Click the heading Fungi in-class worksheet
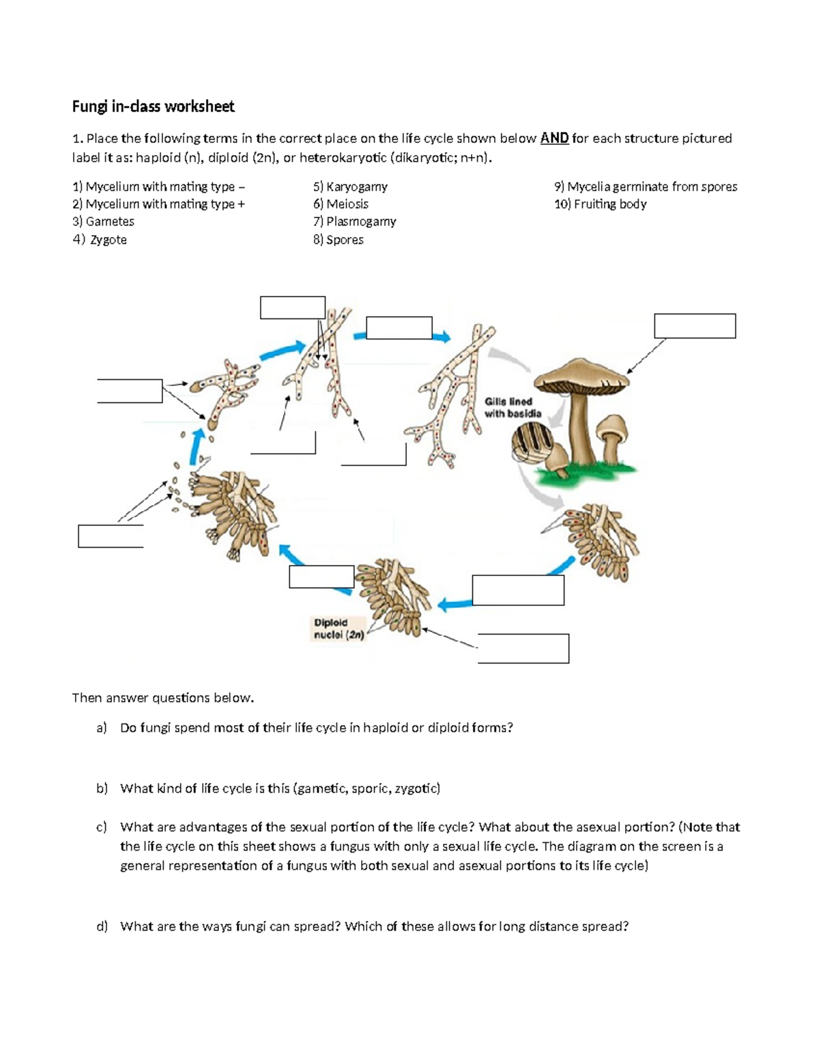(x=153, y=107)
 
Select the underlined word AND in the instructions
(x=554, y=139)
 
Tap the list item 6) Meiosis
(x=341, y=204)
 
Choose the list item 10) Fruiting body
(x=600, y=204)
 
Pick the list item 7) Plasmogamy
(x=354, y=222)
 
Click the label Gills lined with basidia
(x=513, y=408)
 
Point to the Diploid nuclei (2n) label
(x=339, y=629)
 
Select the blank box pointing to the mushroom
(x=694, y=326)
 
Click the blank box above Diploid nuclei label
(x=321, y=577)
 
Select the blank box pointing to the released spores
(x=111, y=536)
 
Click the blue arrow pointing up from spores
(x=197, y=447)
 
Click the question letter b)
(x=102, y=788)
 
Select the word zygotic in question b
(x=416, y=788)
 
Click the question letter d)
(x=102, y=926)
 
